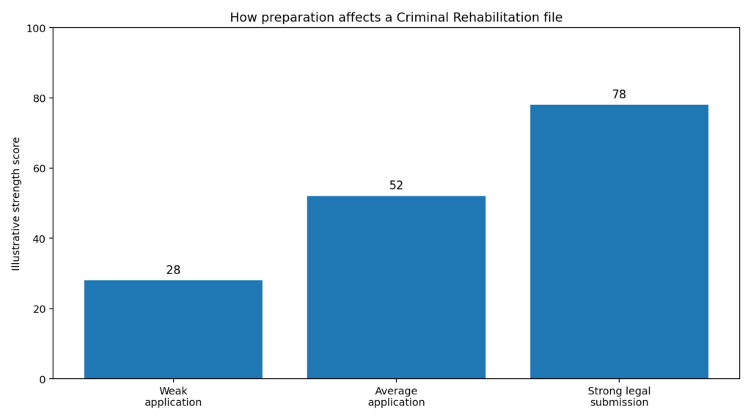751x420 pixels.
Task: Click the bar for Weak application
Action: point(173,329)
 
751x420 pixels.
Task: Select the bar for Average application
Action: point(396,287)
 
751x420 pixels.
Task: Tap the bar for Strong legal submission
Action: point(619,242)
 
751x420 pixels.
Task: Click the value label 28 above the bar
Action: point(173,270)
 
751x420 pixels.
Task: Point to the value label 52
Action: point(396,186)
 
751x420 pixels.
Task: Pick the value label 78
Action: point(619,95)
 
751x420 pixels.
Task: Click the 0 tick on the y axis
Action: point(42,379)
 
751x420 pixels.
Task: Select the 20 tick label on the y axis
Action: point(39,309)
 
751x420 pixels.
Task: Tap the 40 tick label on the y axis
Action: point(39,239)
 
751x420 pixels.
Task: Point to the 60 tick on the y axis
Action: point(39,169)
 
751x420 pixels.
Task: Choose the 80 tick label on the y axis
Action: point(39,98)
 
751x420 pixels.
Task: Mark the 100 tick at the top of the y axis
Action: point(36,28)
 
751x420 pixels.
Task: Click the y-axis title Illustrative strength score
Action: point(16,204)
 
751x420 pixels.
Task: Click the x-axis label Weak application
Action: point(173,397)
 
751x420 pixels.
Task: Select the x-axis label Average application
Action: point(396,397)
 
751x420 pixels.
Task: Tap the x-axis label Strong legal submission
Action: point(619,397)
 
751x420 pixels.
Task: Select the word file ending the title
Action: point(552,18)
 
